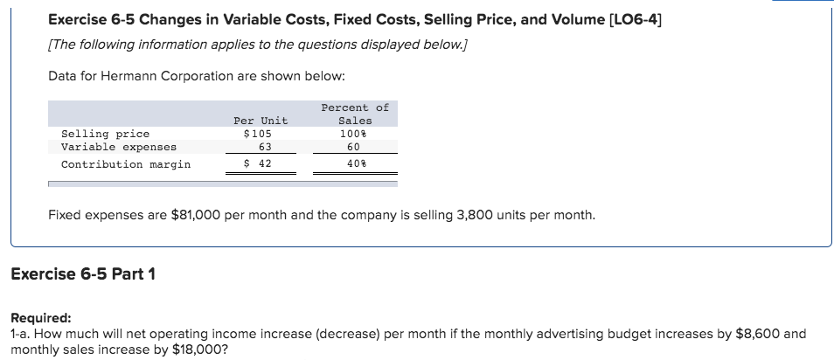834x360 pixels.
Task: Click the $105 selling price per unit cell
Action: coord(260,134)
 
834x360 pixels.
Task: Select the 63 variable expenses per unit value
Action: coord(260,147)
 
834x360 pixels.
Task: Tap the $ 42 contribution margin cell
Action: coord(259,163)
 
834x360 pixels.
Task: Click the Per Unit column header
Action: coord(260,121)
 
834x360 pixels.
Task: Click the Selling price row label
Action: coord(105,134)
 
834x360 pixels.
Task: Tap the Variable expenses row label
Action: coord(118,147)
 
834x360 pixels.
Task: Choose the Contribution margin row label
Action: coord(125,163)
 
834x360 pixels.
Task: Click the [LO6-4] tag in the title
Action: coord(629,19)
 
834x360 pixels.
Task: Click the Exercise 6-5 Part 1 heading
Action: coord(83,274)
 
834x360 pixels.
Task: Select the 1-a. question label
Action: coord(21,334)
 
